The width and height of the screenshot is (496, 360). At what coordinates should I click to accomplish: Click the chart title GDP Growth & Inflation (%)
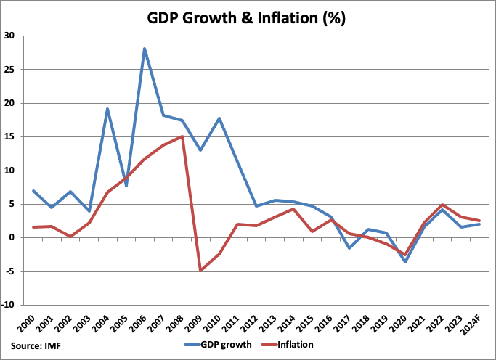[x=248, y=19]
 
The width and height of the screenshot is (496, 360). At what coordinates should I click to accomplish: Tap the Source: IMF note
[x=36, y=345]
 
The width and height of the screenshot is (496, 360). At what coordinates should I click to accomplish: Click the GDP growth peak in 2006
[x=145, y=49]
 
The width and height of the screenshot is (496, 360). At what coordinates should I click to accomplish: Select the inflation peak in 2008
[x=182, y=136]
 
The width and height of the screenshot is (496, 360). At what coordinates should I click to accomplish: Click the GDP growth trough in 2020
[x=404, y=261]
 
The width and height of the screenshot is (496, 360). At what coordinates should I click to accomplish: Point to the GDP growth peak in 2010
[x=218, y=118]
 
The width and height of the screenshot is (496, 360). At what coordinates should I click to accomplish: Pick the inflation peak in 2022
[x=442, y=205]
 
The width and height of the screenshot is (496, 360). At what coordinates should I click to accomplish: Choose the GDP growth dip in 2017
[x=350, y=248]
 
